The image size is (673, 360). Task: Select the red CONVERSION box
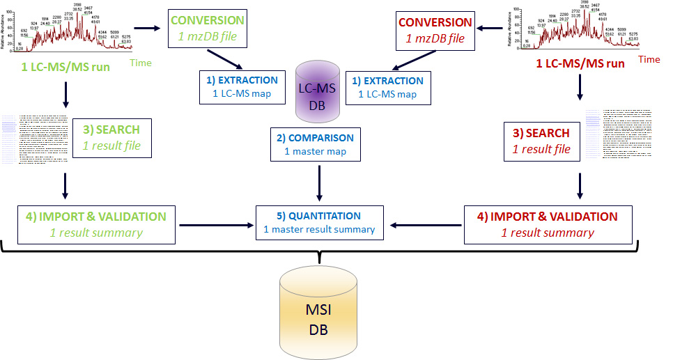(x=434, y=31)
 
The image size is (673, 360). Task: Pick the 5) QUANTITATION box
(x=319, y=222)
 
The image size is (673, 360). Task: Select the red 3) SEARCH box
(x=541, y=140)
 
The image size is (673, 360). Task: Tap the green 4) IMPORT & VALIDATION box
(x=96, y=224)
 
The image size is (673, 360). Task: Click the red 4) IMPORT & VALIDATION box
(x=548, y=224)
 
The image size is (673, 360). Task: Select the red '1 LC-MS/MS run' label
(x=580, y=63)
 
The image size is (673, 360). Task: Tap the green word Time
(x=140, y=63)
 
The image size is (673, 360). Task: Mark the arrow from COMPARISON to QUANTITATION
(x=319, y=182)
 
